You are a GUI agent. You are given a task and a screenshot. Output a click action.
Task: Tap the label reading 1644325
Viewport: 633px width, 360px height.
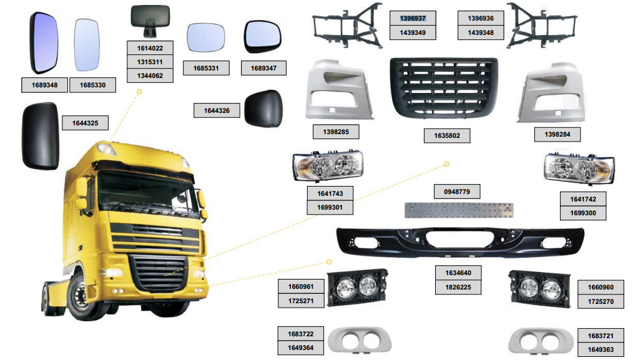point(85,123)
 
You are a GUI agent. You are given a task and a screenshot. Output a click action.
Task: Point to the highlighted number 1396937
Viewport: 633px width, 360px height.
point(413,19)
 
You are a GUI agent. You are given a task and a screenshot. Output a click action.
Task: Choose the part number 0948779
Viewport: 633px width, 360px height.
point(457,192)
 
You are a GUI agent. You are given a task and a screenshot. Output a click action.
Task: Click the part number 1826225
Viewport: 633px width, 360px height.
point(463,288)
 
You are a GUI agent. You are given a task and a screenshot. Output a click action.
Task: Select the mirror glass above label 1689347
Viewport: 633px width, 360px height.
point(263,37)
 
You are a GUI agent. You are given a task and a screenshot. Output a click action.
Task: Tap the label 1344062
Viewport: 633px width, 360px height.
point(149,76)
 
